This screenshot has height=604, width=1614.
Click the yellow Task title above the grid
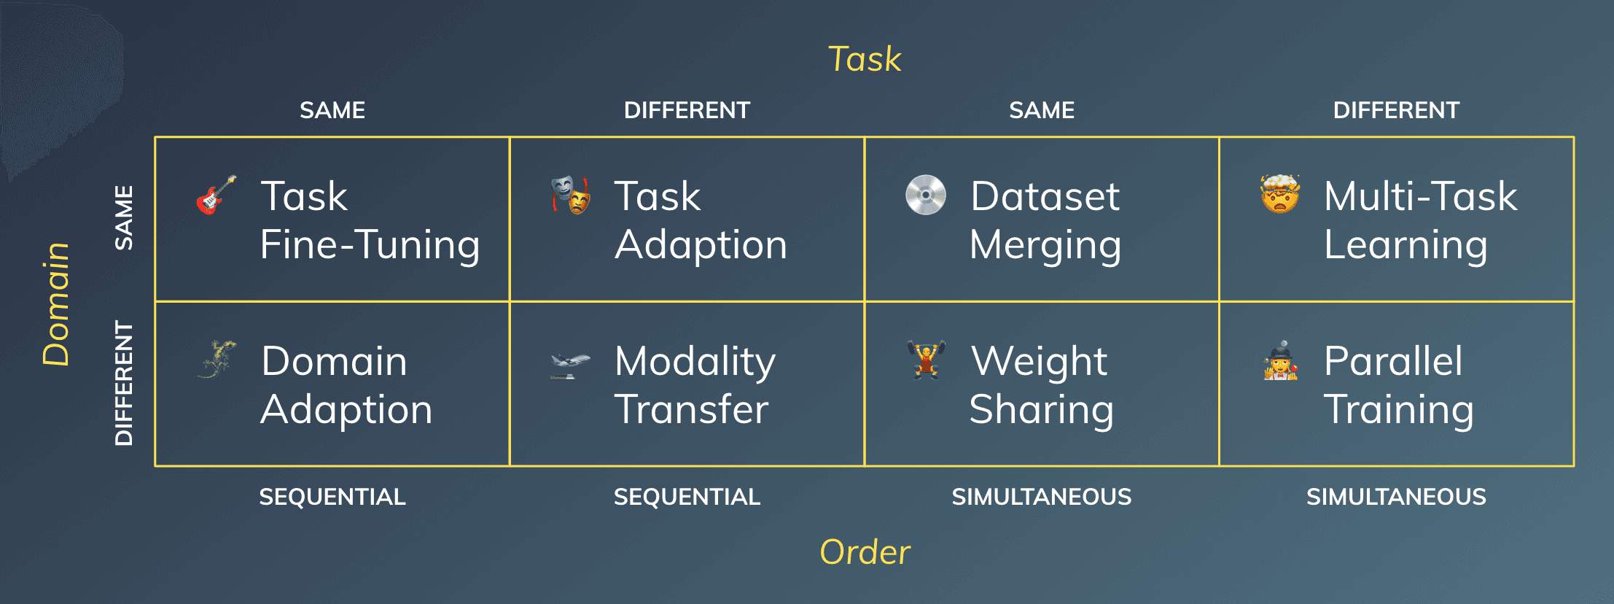point(865,59)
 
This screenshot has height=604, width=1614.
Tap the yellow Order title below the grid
point(865,552)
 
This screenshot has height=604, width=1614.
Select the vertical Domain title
point(56,303)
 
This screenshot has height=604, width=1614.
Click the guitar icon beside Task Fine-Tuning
point(216,195)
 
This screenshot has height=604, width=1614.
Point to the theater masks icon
point(570,195)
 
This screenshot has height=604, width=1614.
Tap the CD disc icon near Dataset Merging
point(925,195)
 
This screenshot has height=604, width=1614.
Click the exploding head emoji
point(1280,194)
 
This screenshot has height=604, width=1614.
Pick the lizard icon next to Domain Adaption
point(217,359)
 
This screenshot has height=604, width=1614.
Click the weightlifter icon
point(926,359)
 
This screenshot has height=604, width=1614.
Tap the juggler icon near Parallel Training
point(1280,360)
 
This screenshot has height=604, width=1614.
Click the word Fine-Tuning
point(370,244)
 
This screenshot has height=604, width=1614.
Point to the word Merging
point(1045,245)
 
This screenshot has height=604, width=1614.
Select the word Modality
point(695,362)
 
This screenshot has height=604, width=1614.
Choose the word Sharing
point(1041,410)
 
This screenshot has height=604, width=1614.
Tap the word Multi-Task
point(1420,196)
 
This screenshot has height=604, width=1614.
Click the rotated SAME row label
point(125,218)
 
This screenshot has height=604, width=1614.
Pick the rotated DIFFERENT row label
point(125,383)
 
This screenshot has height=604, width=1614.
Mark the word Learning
point(1405,245)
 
